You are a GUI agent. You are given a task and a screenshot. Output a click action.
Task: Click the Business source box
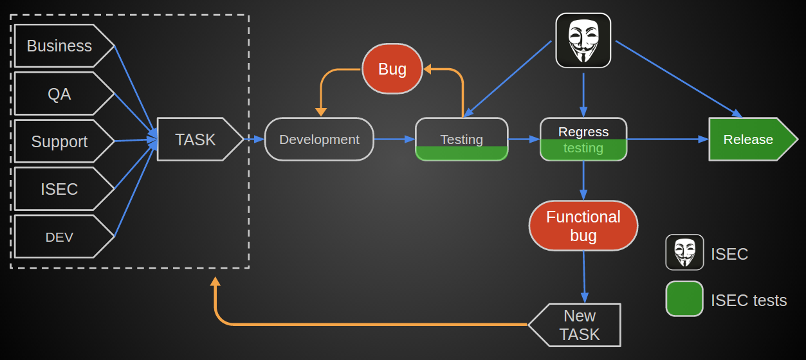tap(59, 46)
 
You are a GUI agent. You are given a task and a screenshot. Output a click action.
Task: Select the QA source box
tap(59, 94)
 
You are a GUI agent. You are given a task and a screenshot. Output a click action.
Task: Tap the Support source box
tap(59, 141)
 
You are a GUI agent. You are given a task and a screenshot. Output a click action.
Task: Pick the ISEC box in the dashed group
tap(59, 189)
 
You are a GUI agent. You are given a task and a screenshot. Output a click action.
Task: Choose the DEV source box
tap(59, 237)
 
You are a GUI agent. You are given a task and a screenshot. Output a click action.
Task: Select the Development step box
tap(319, 139)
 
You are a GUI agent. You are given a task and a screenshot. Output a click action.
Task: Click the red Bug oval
tap(392, 69)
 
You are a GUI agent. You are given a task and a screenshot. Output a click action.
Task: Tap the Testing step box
tap(461, 139)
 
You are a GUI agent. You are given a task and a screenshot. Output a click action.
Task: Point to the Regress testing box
tap(583, 139)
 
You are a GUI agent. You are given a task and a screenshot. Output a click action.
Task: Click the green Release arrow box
tap(749, 139)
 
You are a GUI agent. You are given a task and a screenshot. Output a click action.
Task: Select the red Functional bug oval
tap(583, 226)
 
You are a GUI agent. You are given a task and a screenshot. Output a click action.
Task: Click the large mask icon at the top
tap(583, 40)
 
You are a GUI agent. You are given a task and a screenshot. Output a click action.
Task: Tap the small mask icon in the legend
tap(684, 253)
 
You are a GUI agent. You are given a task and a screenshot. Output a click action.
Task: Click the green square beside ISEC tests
tap(684, 299)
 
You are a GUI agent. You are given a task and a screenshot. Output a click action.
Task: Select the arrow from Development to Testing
tap(394, 139)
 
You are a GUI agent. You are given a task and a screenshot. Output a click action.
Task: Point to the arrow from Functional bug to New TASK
tap(584, 276)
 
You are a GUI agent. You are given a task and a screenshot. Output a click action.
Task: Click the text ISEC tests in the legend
tap(749, 300)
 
